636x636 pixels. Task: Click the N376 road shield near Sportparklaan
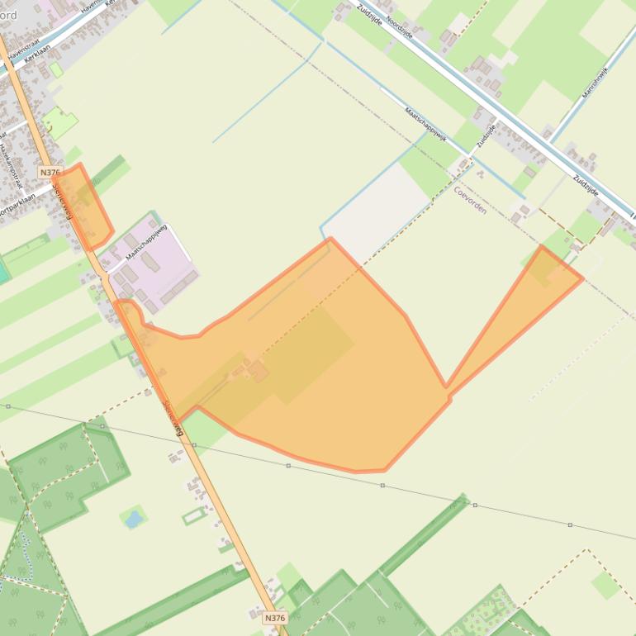pyautogui.click(x=50, y=173)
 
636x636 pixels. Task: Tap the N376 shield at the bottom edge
pyautogui.click(x=275, y=618)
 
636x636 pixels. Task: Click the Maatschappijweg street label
pyautogui.click(x=146, y=243)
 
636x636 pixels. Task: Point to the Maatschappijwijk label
pyautogui.click(x=425, y=125)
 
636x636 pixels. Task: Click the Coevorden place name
pyautogui.click(x=470, y=199)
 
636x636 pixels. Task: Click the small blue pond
pyautogui.click(x=132, y=519)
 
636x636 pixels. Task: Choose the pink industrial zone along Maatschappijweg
pyautogui.click(x=153, y=264)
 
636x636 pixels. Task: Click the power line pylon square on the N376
pyautogui.click(x=194, y=445)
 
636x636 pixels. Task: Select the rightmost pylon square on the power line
pyautogui.click(x=570, y=524)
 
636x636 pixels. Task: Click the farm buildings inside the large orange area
pyautogui.click(x=252, y=369)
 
